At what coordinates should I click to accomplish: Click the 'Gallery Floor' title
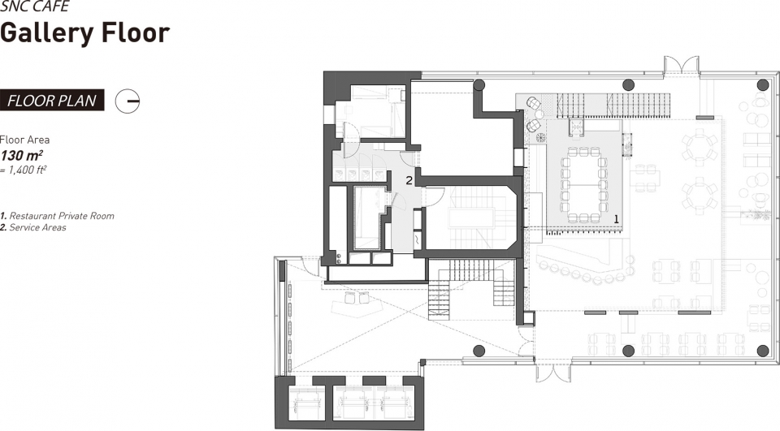(85, 33)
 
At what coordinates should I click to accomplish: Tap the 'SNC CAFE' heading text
(35, 6)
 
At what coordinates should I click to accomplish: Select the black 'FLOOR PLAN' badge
(52, 101)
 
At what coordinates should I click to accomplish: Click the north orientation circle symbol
(128, 101)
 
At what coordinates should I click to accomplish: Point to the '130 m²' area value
(21, 155)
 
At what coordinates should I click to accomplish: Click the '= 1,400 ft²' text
(24, 170)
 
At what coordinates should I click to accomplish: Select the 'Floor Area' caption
(25, 140)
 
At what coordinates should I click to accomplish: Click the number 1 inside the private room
(617, 218)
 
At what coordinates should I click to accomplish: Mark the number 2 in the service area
(409, 180)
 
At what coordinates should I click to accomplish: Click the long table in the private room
(583, 184)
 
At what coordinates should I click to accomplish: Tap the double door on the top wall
(682, 65)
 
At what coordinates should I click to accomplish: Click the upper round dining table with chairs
(700, 144)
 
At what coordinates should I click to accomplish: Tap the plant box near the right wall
(756, 215)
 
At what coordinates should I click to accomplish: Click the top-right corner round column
(763, 84)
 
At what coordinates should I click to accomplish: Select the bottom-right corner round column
(763, 351)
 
